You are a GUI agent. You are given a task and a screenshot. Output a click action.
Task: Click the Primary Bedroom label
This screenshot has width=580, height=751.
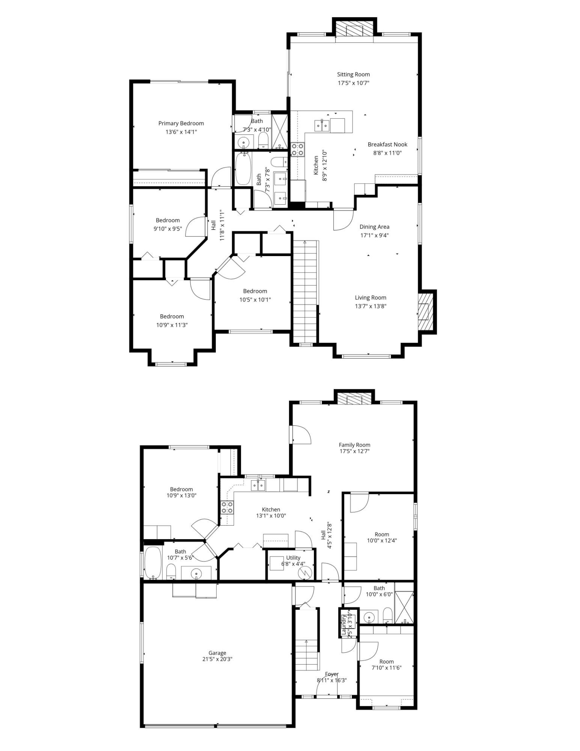point(181,123)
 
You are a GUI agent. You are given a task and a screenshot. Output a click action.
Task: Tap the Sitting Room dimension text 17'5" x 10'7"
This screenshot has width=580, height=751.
point(353,83)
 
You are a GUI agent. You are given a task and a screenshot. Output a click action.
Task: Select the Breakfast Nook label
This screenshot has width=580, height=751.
point(387,144)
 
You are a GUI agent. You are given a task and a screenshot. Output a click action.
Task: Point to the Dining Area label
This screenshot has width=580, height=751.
point(374,226)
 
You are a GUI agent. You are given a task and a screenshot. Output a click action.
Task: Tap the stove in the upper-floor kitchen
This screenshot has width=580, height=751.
point(297,149)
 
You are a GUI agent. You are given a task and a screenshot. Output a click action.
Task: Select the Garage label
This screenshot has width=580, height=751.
point(217,653)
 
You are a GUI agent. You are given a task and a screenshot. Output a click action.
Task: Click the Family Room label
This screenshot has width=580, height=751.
point(354,445)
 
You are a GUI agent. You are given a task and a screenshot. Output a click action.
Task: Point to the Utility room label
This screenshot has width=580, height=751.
point(293,558)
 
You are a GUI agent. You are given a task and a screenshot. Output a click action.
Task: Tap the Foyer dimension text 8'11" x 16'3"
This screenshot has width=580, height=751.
point(332,680)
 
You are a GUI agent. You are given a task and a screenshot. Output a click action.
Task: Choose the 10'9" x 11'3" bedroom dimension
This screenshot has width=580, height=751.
point(172,325)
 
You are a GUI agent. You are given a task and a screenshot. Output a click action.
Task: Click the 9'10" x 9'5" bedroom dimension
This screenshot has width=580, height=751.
point(167,228)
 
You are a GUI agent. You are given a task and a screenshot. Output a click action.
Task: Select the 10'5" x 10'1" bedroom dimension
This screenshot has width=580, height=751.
point(255,300)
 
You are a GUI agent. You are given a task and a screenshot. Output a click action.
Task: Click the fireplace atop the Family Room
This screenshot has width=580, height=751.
point(355,398)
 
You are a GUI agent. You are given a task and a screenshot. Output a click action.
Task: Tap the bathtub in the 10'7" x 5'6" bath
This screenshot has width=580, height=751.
point(153,562)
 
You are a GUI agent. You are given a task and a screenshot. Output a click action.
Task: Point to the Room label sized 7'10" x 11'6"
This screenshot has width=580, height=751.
point(386,662)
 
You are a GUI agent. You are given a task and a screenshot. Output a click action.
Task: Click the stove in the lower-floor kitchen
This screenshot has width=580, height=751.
point(227,508)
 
